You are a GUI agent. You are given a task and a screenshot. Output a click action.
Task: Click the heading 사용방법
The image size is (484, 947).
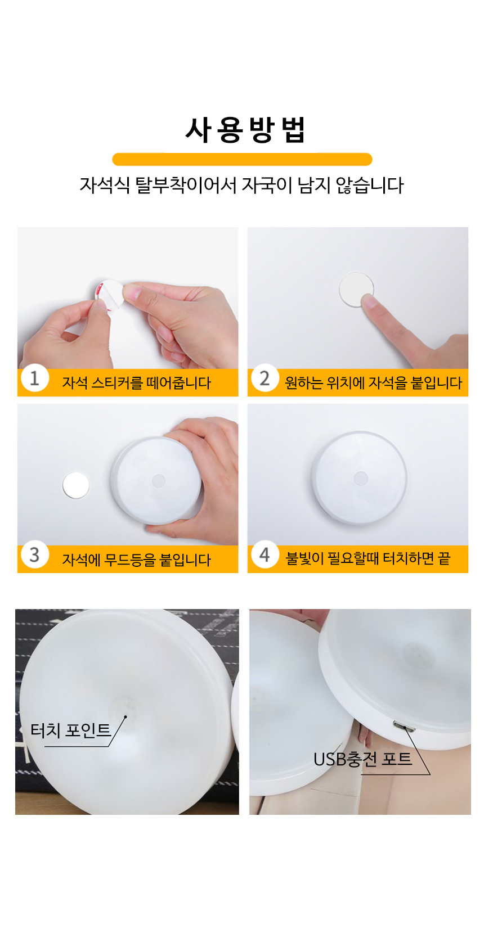pyautogui.click(x=245, y=130)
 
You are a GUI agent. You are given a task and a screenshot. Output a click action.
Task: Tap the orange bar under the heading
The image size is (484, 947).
pyautogui.click(x=242, y=159)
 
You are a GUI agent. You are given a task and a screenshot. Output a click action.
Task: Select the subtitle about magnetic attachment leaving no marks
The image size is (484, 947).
pyautogui.click(x=241, y=185)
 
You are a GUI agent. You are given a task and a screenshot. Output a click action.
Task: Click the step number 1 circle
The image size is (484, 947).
pyautogui.click(x=35, y=377)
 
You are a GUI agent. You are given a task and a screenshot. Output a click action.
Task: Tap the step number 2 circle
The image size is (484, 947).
pyautogui.click(x=265, y=377)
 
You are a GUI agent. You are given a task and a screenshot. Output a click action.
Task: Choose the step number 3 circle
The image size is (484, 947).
pyautogui.click(x=35, y=554)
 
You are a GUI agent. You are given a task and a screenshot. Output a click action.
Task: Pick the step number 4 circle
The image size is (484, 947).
pyautogui.click(x=265, y=554)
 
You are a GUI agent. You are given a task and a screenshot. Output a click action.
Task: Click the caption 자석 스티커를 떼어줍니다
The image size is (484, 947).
pyautogui.click(x=136, y=382)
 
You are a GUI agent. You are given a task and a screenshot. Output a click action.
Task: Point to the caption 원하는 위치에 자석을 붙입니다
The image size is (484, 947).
pyautogui.click(x=374, y=382)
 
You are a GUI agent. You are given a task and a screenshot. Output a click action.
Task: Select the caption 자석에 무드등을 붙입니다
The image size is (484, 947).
pyautogui.click(x=136, y=560)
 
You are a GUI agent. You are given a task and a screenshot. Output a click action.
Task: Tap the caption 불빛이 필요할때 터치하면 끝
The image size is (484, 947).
pyautogui.click(x=368, y=558)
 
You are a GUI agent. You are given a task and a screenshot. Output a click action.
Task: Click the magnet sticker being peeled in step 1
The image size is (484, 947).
pyautogui.click(x=109, y=294)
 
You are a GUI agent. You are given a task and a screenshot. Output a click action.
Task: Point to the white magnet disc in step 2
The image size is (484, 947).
pyautogui.click(x=356, y=289)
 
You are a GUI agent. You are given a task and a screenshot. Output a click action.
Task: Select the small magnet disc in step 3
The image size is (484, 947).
pyautogui.click(x=76, y=485)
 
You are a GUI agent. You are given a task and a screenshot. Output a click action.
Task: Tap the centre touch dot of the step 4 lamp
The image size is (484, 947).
pyautogui.click(x=360, y=479)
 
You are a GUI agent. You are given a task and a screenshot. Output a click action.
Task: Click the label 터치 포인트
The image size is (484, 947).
pyautogui.click(x=71, y=730)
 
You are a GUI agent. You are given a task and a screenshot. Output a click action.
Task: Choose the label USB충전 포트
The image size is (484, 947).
pyautogui.click(x=362, y=759)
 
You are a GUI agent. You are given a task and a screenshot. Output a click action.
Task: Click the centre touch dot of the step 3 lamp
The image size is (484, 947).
pyautogui.click(x=158, y=481)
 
